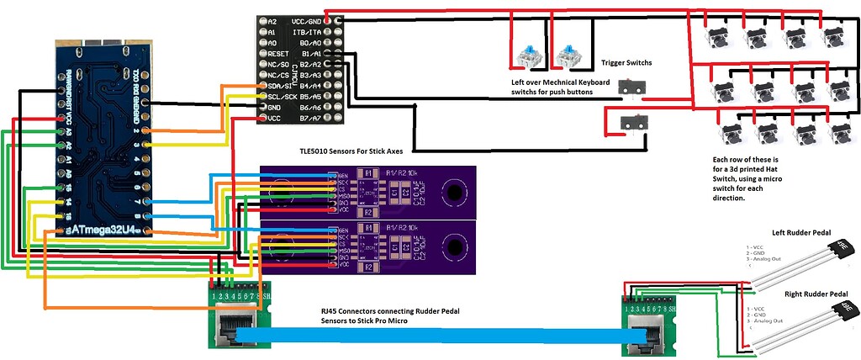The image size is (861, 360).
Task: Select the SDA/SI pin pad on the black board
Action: [261, 86]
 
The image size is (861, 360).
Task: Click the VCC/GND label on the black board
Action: [310, 20]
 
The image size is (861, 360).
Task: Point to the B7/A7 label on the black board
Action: [309, 119]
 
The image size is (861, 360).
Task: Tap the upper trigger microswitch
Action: [629, 87]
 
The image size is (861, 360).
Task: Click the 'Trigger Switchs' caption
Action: [626, 63]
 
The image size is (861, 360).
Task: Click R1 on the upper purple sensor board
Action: [367, 174]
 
